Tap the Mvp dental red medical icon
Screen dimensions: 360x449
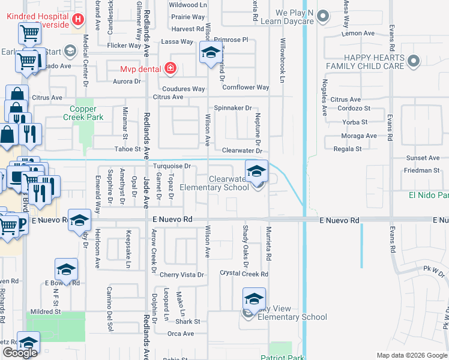pyautogui.click(x=170, y=68)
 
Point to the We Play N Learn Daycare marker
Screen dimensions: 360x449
pyautogui.click(x=323, y=17)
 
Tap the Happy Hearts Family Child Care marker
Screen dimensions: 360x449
pyautogui.click(x=413, y=61)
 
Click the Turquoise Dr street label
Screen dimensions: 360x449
pyautogui.click(x=172, y=166)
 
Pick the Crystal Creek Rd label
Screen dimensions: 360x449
pyautogui.click(x=243, y=274)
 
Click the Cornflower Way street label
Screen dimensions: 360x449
pyautogui.click(x=246, y=88)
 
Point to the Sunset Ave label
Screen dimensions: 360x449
pyautogui.click(x=423, y=158)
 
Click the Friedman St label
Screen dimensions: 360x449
pyautogui.click(x=421, y=170)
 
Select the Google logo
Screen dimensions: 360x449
pyautogui.click(x=20, y=353)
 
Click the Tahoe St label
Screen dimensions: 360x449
pyautogui.click(x=127, y=149)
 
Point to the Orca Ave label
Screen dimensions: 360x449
pyautogui.click(x=180, y=334)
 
